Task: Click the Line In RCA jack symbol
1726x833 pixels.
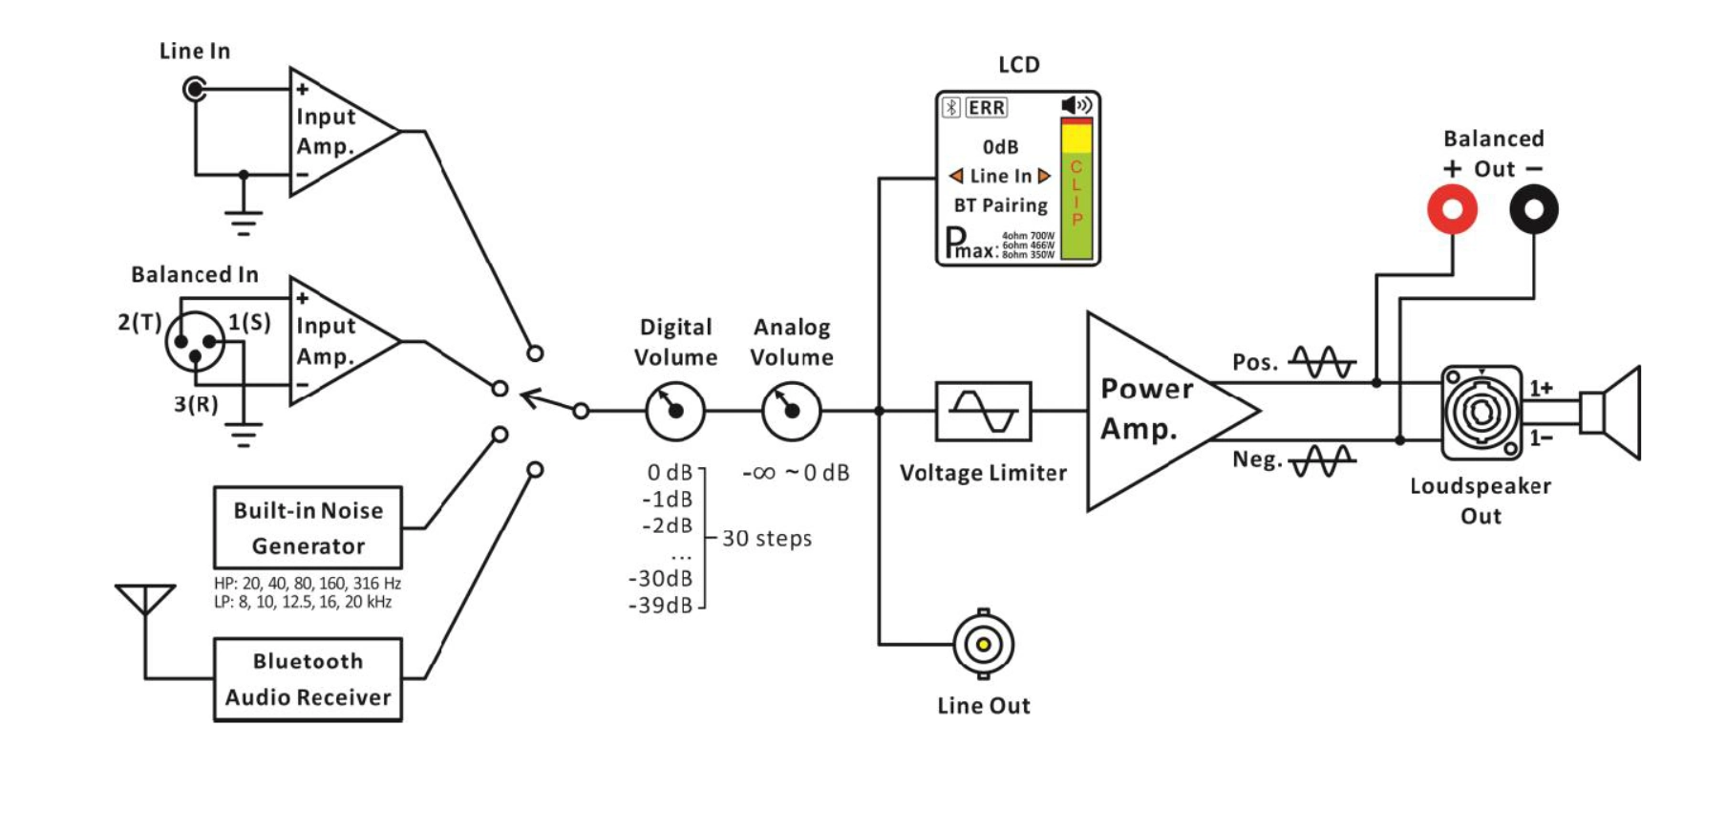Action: pyautogui.click(x=195, y=90)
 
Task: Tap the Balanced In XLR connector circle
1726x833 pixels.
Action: pyautogui.click(x=195, y=342)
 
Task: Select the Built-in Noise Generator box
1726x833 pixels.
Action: pyautogui.click(x=308, y=527)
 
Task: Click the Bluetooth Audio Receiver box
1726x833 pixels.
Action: pyautogui.click(x=308, y=679)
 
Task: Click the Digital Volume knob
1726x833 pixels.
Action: pyautogui.click(x=675, y=411)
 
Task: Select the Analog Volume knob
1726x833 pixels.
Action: pyautogui.click(x=791, y=411)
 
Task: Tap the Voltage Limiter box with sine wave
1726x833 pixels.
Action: pyautogui.click(x=983, y=411)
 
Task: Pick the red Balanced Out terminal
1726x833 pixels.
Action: pyautogui.click(x=1452, y=209)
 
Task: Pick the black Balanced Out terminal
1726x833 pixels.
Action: pyautogui.click(x=1533, y=209)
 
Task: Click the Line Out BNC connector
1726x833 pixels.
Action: pyautogui.click(x=983, y=644)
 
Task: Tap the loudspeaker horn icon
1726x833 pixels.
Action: pyautogui.click(x=1614, y=412)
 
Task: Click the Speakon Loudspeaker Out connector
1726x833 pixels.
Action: pyautogui.click(x=1481, y=412)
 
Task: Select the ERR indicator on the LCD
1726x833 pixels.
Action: pyautogui.click(x=986, y=108)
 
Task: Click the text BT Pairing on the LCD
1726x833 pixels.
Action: pyautogui.click(x=1000, y=205)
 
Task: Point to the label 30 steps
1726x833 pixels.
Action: pyautogui.click(x=766, y=539)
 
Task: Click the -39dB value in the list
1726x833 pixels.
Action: pyautogui.click(x=660, y=606)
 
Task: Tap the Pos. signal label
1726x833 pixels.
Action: pyautogui.click(x=1254, y=363)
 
